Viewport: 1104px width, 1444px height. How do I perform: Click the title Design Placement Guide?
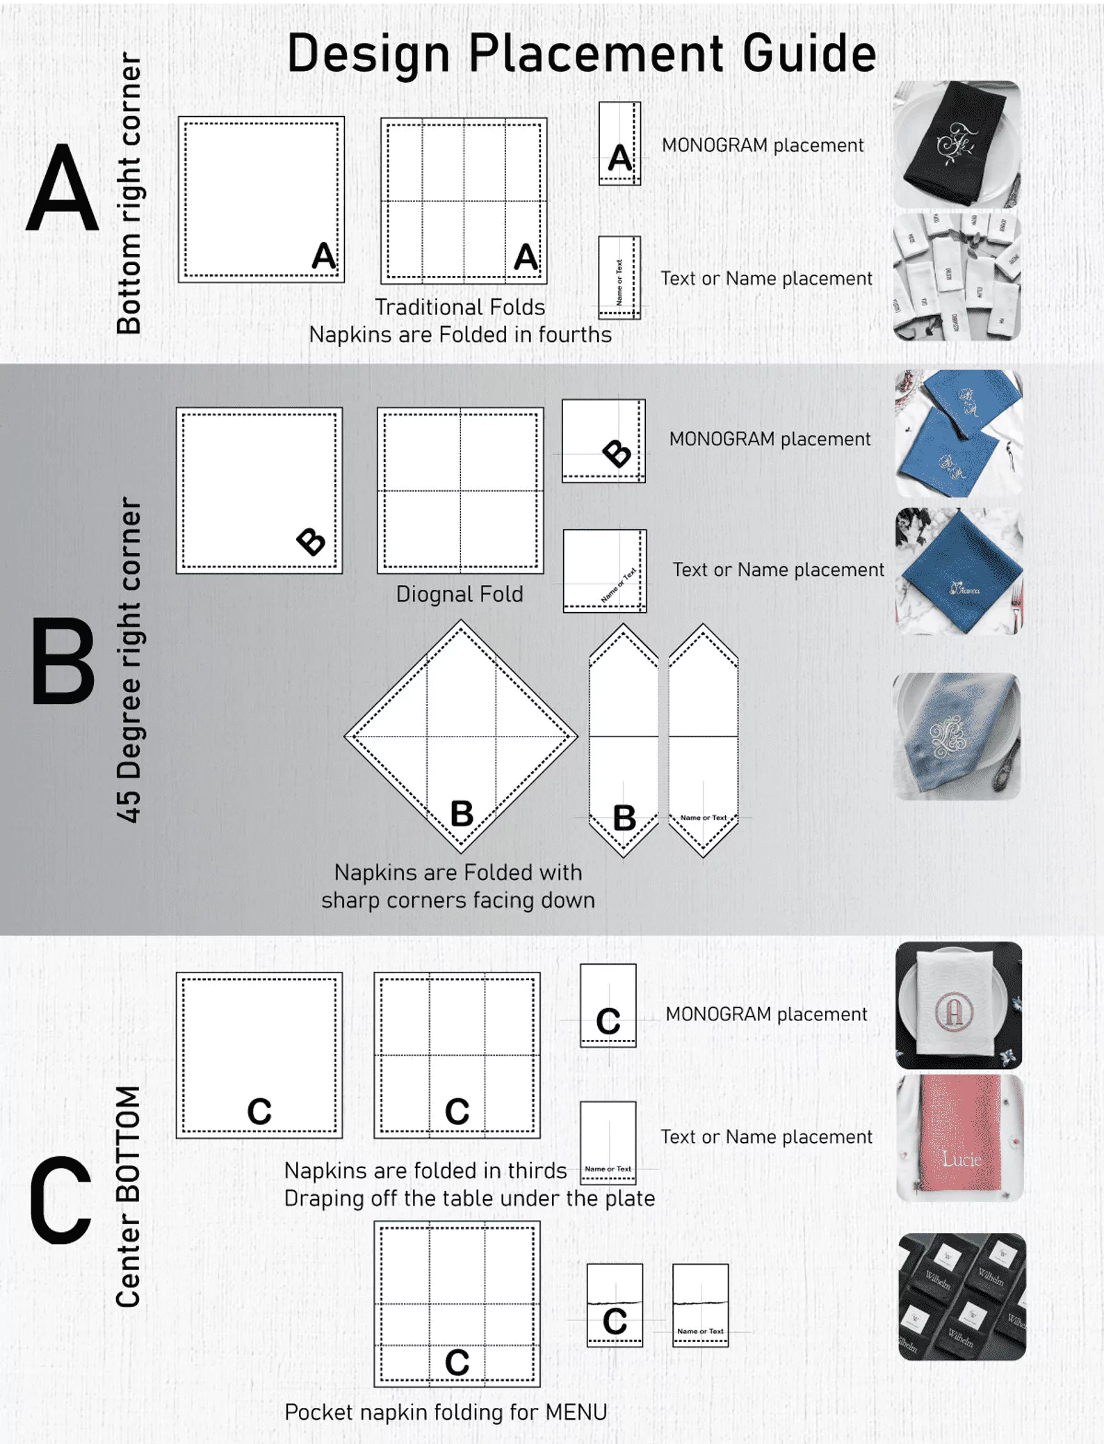click(x=581, y=54)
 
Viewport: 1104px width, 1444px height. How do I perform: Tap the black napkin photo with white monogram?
click(x=957, y=144)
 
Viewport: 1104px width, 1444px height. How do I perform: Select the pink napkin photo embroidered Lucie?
click(x=959, y=1139)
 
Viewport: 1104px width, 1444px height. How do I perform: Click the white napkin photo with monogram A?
click(x=958, y=1005)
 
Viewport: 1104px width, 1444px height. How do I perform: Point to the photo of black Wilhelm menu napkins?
click(x=961, y=1297)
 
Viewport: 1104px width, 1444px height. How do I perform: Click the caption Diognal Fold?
click(x=460, y=594)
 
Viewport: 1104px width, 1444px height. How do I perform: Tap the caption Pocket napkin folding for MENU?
click(x=446, y=1412)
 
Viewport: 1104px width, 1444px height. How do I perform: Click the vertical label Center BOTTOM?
click(x=129, y=1196)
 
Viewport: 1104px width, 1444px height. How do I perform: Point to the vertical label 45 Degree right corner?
click(x=129, y=659)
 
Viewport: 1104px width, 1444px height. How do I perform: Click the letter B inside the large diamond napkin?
click(x=462, y=813)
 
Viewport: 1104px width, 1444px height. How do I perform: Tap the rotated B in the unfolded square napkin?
click(x=310, y=542)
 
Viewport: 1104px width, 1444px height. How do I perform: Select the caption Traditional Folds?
click(x=460, y=307)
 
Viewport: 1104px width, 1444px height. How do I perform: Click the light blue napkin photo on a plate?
click(x=957, y=736)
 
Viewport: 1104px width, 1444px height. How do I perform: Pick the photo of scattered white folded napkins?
click(x=957, y=277)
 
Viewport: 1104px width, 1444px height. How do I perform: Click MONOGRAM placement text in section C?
click(x=766, y=1014)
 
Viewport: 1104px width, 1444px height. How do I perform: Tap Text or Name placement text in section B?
click(x=778, y=570)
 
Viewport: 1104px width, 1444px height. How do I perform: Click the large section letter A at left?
click(x=62, y=188)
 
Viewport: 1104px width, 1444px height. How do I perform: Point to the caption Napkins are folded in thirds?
click(x=425, y=1171)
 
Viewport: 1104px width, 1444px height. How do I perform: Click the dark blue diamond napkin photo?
click(x=959, y=571)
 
